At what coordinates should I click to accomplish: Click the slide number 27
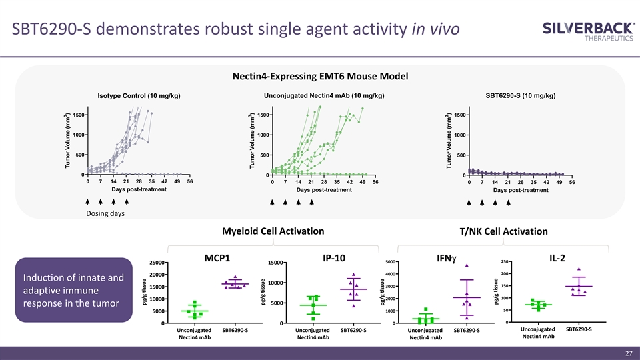point(628,353)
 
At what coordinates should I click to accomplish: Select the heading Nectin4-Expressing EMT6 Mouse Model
point(320,76)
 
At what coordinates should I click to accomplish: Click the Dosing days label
point(105,213)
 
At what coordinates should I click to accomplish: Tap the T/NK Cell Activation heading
point(503,231)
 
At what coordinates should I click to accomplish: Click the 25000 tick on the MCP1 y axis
point(158,263)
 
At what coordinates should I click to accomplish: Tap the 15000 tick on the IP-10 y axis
point(275,263)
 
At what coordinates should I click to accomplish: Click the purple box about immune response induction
point(73,291)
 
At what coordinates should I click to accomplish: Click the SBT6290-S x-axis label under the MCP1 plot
point(235,330)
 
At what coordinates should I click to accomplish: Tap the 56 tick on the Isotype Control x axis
point(190,181)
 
